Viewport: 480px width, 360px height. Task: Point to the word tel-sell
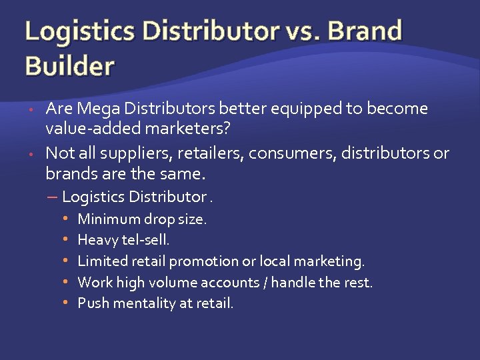point(145,240)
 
